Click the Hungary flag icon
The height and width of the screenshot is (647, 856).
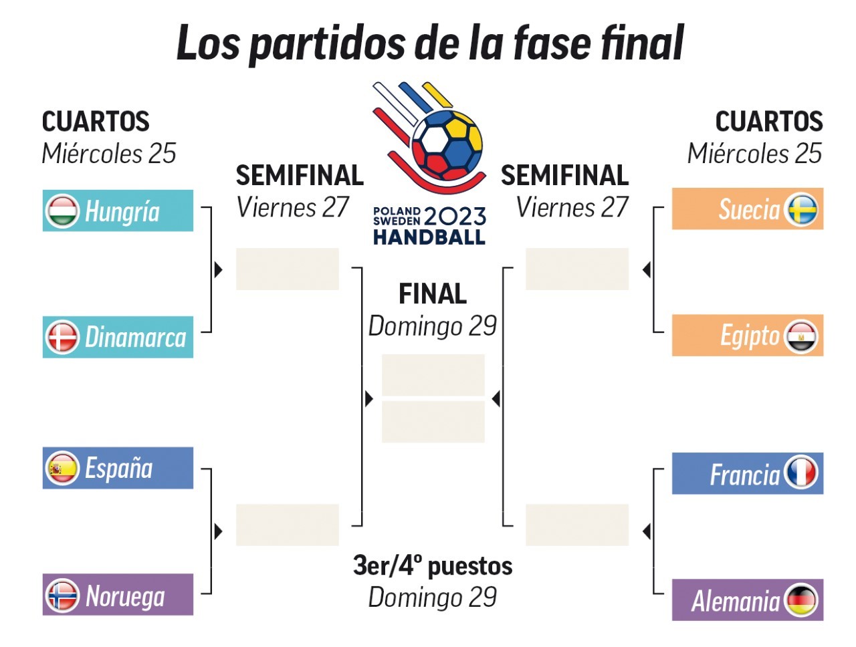pos(62,211)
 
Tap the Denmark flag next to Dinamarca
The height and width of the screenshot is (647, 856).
pos(62,338)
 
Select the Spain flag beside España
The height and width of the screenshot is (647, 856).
pos(62,469)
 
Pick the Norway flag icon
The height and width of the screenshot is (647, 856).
pos(62,596)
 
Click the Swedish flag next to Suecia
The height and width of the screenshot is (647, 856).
pos(801,209)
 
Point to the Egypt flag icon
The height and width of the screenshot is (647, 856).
pos(801,336)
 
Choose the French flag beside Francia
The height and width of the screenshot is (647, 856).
pos(801,473)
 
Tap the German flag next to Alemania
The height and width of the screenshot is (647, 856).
pos(801,600)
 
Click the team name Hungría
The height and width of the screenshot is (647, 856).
pos(122,212)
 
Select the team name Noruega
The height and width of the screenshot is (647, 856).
pos(125,596)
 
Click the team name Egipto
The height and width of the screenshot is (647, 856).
pos(750,336)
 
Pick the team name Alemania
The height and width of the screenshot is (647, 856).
pos(736,601)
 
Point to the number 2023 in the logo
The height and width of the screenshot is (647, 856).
pos(455,216)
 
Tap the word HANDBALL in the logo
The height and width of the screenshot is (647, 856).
pos(429,237)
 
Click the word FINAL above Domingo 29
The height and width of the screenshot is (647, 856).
pos(433,294)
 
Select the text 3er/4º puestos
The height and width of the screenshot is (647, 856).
pos(433,566)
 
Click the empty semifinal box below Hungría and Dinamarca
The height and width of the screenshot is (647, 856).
pos(288,269)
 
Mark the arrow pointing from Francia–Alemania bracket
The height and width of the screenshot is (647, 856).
pos(646,531)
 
